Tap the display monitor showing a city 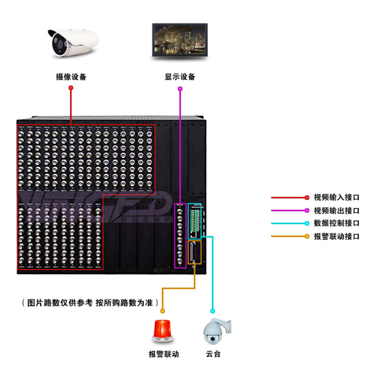point(180,41)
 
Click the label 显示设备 point(180,77)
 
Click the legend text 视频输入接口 point(337,198)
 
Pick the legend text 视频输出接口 point(337,211)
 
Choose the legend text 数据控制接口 point(337,224)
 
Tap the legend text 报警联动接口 point(337,237)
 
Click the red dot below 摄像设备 point(71,88)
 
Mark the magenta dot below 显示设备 point(180,88)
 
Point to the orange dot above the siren point(163,311)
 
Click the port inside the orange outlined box point(194,252)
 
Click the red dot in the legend point(307,198)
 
